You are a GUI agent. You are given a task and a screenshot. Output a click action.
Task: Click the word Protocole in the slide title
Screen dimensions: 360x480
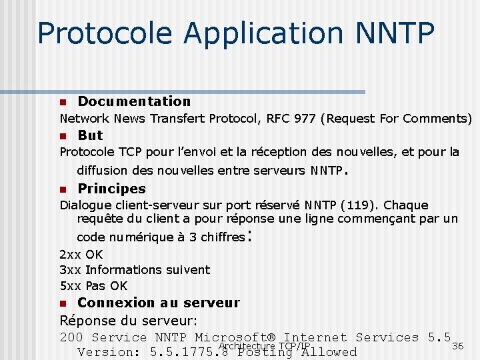(x=94, y=33)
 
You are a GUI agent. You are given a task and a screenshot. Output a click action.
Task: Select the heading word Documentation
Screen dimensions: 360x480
(x=134, y=101)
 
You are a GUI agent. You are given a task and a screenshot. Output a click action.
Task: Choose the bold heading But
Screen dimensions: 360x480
(x=90, y=135)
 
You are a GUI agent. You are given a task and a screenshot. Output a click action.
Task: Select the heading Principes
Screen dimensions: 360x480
(x=111, y=189)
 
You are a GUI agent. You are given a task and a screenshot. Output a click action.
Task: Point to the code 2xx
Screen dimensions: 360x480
(x=71, y=254)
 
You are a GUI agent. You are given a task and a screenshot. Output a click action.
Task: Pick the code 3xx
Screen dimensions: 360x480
(x=71, y=270)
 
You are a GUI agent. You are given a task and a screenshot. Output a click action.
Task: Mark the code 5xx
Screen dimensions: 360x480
(x=71, y=286)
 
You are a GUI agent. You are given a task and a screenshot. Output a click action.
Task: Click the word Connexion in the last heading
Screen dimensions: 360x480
(x=115, y=303)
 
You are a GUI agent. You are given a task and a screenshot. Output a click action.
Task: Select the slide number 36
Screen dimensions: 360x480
(x=457, y=346)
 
